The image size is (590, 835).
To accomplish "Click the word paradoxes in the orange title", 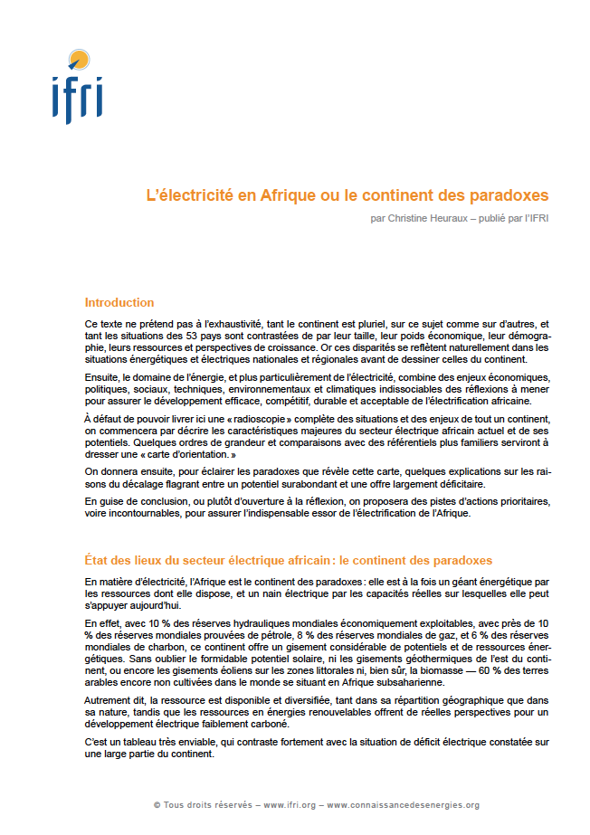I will [509, 195].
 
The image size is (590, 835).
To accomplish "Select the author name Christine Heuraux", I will [419, 219].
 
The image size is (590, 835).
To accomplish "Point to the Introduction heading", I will [119, 303].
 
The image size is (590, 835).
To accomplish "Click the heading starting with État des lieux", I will [288, 561].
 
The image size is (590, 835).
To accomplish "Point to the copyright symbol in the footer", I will [157, 805].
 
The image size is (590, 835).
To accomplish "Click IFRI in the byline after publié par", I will [537, 219].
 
